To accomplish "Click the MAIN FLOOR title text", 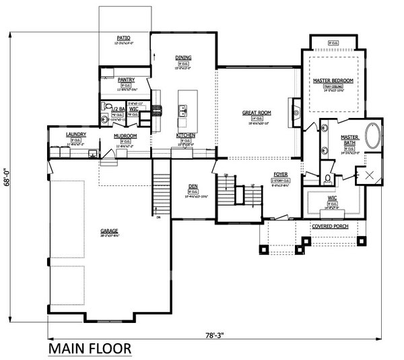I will (x=90, y=349).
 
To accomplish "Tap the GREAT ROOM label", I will (x=256, y=113).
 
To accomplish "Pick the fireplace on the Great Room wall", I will (x=294, y=108).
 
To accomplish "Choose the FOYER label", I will (x=280, y=173).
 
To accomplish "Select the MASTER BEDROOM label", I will (x=334, y=80).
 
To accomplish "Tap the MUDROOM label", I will (x=125, y=136).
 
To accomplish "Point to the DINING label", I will (x=183, y=58).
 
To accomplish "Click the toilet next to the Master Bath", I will (x=328, y=179).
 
